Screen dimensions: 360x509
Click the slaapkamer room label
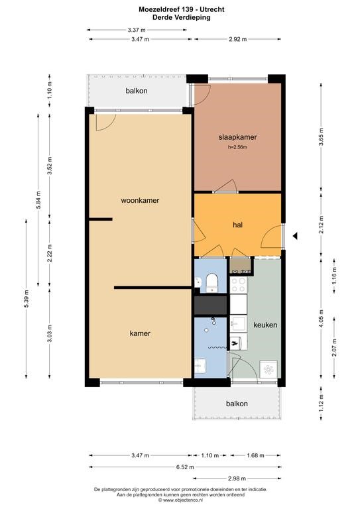coord(237,137)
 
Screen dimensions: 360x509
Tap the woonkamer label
coord(140,200)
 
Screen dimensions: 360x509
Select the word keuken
coord(265,325)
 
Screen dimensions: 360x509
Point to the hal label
coord(237,225)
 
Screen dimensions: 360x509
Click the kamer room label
coord(140,333)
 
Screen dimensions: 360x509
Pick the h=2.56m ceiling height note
coord(237,147)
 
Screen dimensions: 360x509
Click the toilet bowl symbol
coord(212,282)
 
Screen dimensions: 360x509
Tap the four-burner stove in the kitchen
coord(238,284)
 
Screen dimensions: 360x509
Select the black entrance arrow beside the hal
coord(295,236)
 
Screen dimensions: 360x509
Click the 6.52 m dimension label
coord(185,467)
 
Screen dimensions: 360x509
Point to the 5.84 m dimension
coord(38,200)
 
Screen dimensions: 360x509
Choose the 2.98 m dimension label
coord(237,478)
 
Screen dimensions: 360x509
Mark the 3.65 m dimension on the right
coord(321,137)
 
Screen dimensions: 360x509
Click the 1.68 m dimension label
coord(255,455)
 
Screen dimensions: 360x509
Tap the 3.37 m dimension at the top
coord(137,30)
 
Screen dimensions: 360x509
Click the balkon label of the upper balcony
coord(137,91)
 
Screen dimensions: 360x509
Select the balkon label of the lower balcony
coord(237,404)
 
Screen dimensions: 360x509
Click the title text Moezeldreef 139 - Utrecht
coord(182,10)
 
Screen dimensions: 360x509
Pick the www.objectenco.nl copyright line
coord(180,500)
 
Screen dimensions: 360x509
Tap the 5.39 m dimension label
coord(27,298)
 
